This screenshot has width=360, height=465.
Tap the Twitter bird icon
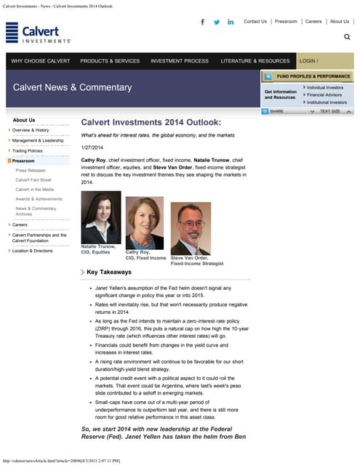pos(217,22)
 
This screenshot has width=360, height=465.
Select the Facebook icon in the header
pos(202,22)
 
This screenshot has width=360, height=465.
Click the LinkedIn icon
pos(231,22)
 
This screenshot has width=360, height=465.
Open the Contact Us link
pos(255,22)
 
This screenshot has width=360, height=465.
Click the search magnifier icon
pos(347,36)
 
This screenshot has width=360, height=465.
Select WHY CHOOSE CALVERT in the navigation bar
pos(41,61)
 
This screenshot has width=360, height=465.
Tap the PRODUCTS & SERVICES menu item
pos(110,61)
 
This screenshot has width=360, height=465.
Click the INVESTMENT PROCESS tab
pos(180,61)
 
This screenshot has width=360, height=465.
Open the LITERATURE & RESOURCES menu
pos(255,61)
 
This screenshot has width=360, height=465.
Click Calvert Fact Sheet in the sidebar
pos(33,179)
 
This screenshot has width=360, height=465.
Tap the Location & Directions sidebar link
pos(33,251)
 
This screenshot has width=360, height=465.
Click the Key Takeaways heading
pos(109,272)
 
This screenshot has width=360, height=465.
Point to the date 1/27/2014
pos(92,147)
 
